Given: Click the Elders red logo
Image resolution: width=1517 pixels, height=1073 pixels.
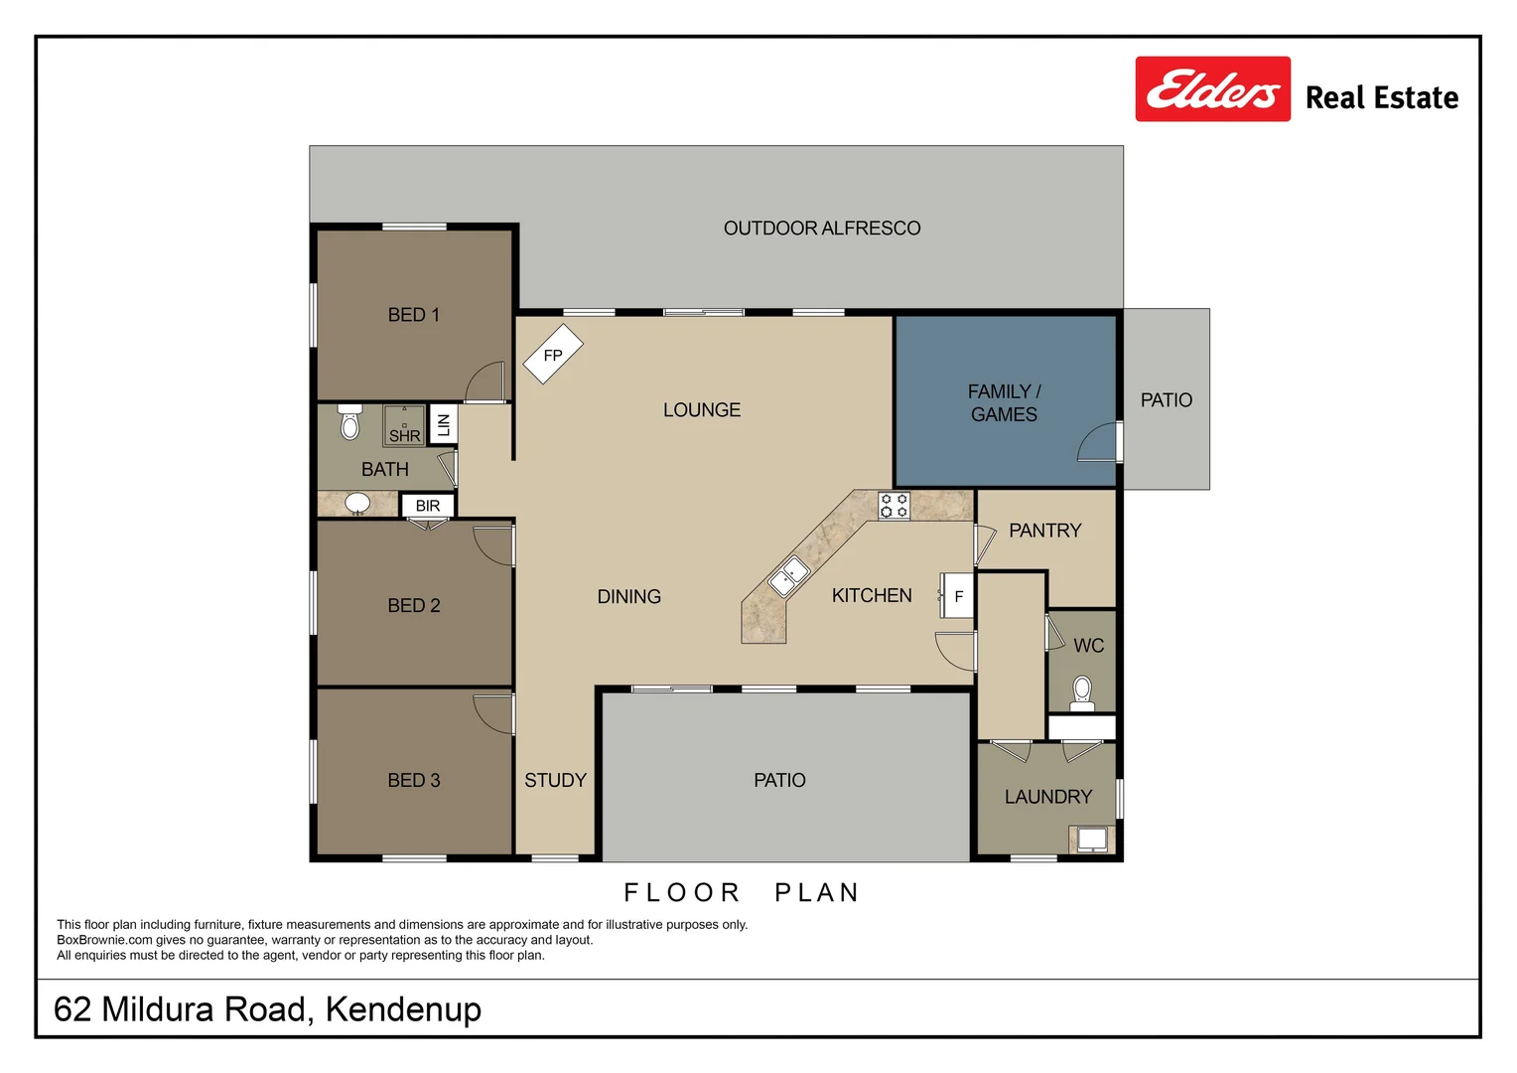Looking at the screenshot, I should tap(1212, 89).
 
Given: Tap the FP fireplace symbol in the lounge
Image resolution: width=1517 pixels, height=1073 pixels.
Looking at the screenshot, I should tap(553, 354).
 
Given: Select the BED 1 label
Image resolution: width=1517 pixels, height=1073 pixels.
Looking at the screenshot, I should tap(413, 315).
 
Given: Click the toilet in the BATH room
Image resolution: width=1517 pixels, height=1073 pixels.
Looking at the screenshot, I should tap(349, 422).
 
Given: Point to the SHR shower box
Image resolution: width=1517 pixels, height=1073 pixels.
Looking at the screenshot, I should tap(404, 426).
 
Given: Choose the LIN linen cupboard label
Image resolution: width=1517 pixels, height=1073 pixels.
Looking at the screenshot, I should tap(444, 425).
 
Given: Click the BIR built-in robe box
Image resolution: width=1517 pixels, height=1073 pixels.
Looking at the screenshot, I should tap(428, 506).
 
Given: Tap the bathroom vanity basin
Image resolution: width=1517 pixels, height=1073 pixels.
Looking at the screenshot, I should tap(357, 504).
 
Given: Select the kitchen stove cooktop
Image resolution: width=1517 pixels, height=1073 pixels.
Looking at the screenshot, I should tap(894, 506).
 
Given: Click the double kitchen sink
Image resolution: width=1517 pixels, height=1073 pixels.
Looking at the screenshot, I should tap(789, 577).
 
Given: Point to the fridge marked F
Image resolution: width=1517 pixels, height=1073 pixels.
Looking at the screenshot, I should tap(958, 596).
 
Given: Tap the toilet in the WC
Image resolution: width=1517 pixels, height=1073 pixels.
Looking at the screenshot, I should tap(1082, 691).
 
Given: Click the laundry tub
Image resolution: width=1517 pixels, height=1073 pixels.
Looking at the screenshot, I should tap(1092, 840).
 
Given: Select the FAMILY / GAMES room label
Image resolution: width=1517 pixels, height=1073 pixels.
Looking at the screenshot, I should tap(1004, 403).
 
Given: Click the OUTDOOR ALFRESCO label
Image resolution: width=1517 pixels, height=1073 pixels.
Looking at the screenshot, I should tap(822, 229).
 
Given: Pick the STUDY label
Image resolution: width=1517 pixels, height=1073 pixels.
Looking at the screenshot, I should tap(555, 781).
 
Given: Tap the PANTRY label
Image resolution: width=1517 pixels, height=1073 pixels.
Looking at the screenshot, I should tap(1044, 531).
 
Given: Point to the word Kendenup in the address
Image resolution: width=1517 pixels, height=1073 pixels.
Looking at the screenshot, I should tap(403, 1009).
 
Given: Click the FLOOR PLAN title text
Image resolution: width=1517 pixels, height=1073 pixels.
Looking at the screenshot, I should tap(742, 893).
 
